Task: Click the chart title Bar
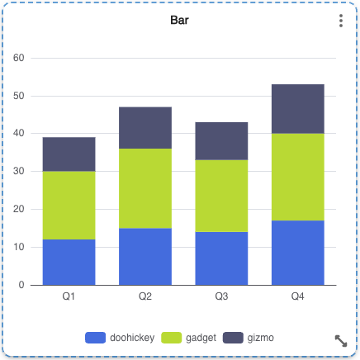click(179, 21)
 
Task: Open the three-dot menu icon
click(340, 21)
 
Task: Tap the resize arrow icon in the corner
click(340, 340)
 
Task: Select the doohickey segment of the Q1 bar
click(69, 262)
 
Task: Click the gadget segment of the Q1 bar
click(69, 205)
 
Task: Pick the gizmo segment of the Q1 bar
click(69, 154)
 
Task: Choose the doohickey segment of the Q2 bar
click(145, 256)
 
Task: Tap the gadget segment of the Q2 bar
click(145, 188)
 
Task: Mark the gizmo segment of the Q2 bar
click(145, 128)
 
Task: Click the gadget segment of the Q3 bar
click(221, 196)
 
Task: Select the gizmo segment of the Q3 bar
click(221, 141)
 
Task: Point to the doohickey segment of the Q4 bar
click(297, 253)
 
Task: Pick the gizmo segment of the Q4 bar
click(297, 109)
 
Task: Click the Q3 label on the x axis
click(221, 296)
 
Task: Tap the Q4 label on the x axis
click(297, 296)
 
